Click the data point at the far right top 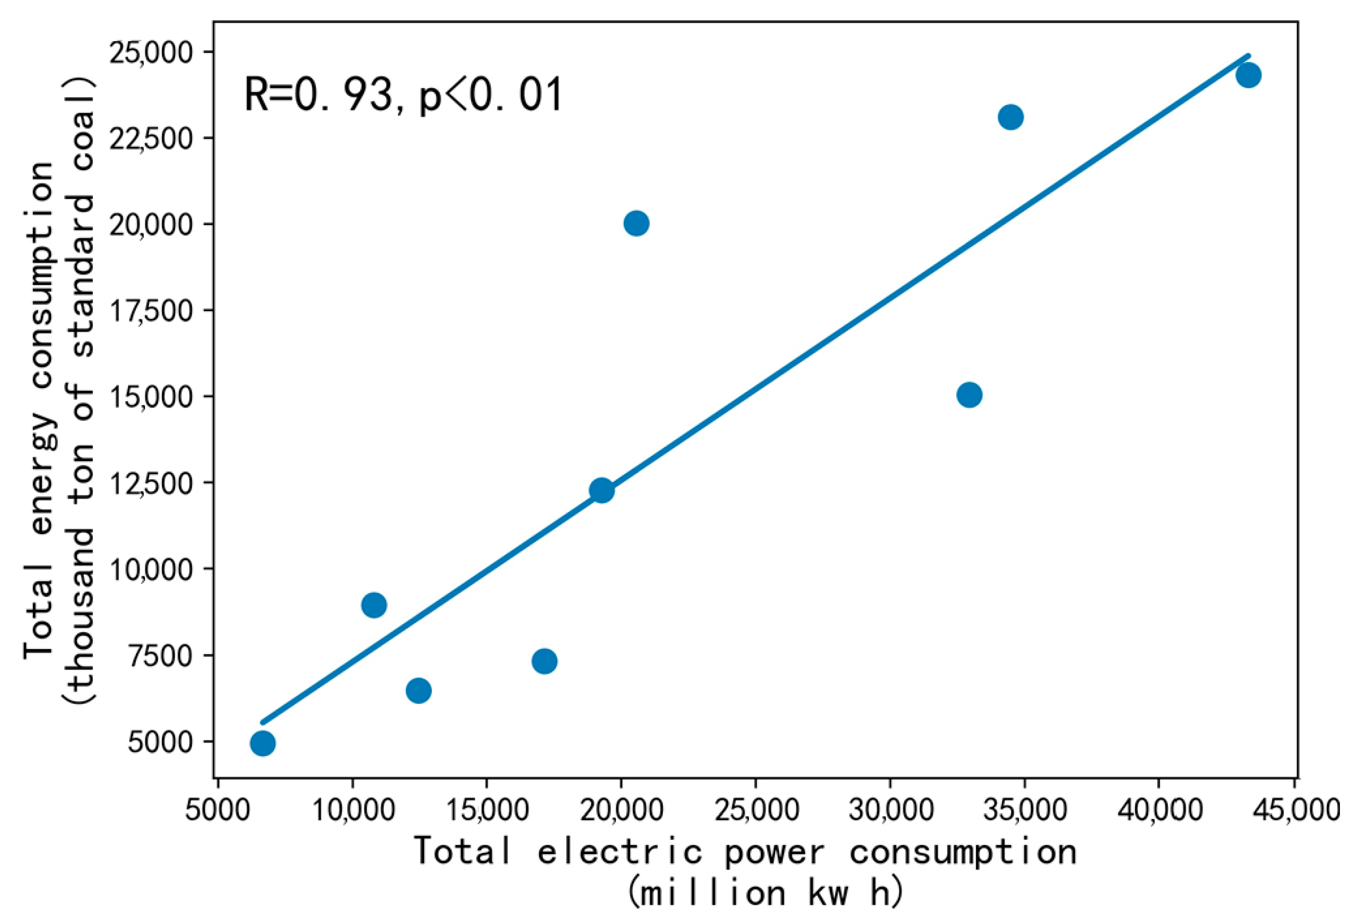click(x=1247, y=75)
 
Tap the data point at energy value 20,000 click(x=636, y=223)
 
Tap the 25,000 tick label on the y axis click(x=151, y=53)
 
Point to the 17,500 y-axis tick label click(x=151, y=311)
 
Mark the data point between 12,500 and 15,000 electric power click(x=418, y=691)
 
